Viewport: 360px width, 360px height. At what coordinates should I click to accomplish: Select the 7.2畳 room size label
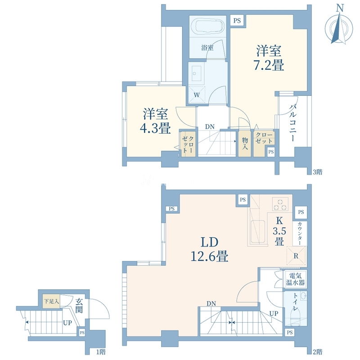tap(268, 58)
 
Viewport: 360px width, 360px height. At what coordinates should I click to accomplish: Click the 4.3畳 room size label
tap(155, 121)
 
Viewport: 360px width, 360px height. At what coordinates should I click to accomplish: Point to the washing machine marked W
tap(197, 94)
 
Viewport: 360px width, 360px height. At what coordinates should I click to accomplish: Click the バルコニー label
tap(292, 122)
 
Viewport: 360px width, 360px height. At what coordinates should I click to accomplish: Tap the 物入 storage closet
tap(244, 144)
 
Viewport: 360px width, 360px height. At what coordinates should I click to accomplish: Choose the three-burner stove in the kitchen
tap(280, 204)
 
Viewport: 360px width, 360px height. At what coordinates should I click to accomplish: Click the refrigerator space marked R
tap(296, 256)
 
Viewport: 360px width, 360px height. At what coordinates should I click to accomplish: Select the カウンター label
tap(300, 234)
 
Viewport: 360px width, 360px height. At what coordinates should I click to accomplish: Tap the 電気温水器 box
tap(295, 279)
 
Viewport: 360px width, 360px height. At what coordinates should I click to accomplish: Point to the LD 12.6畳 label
tap(209, 250)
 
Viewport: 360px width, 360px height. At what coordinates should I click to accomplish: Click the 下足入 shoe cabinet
tap(51, 301)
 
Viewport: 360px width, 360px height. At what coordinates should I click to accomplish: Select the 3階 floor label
tap(318, 172)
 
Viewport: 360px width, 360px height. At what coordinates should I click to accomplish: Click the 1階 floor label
tap(101, 352)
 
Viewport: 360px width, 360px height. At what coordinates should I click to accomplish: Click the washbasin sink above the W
tap(196, 73)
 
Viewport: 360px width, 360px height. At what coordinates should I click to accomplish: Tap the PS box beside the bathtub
tap(237, 21)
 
